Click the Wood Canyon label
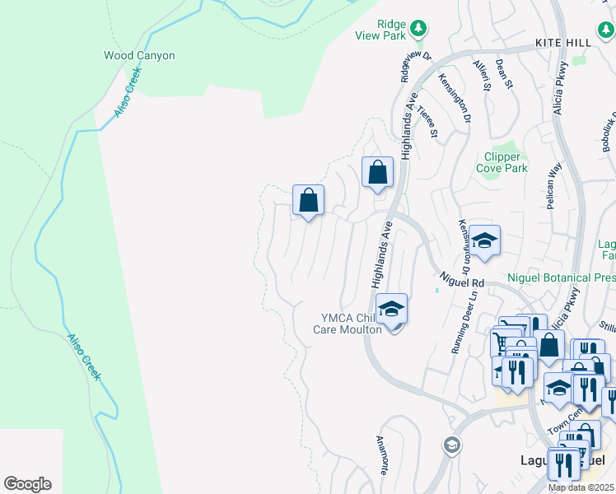[138, 55]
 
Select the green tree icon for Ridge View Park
[418, 29]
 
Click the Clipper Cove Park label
[502, 162]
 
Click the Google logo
[27, 483]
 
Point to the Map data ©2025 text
[581, 487]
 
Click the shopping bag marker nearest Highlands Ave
[377, 174]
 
